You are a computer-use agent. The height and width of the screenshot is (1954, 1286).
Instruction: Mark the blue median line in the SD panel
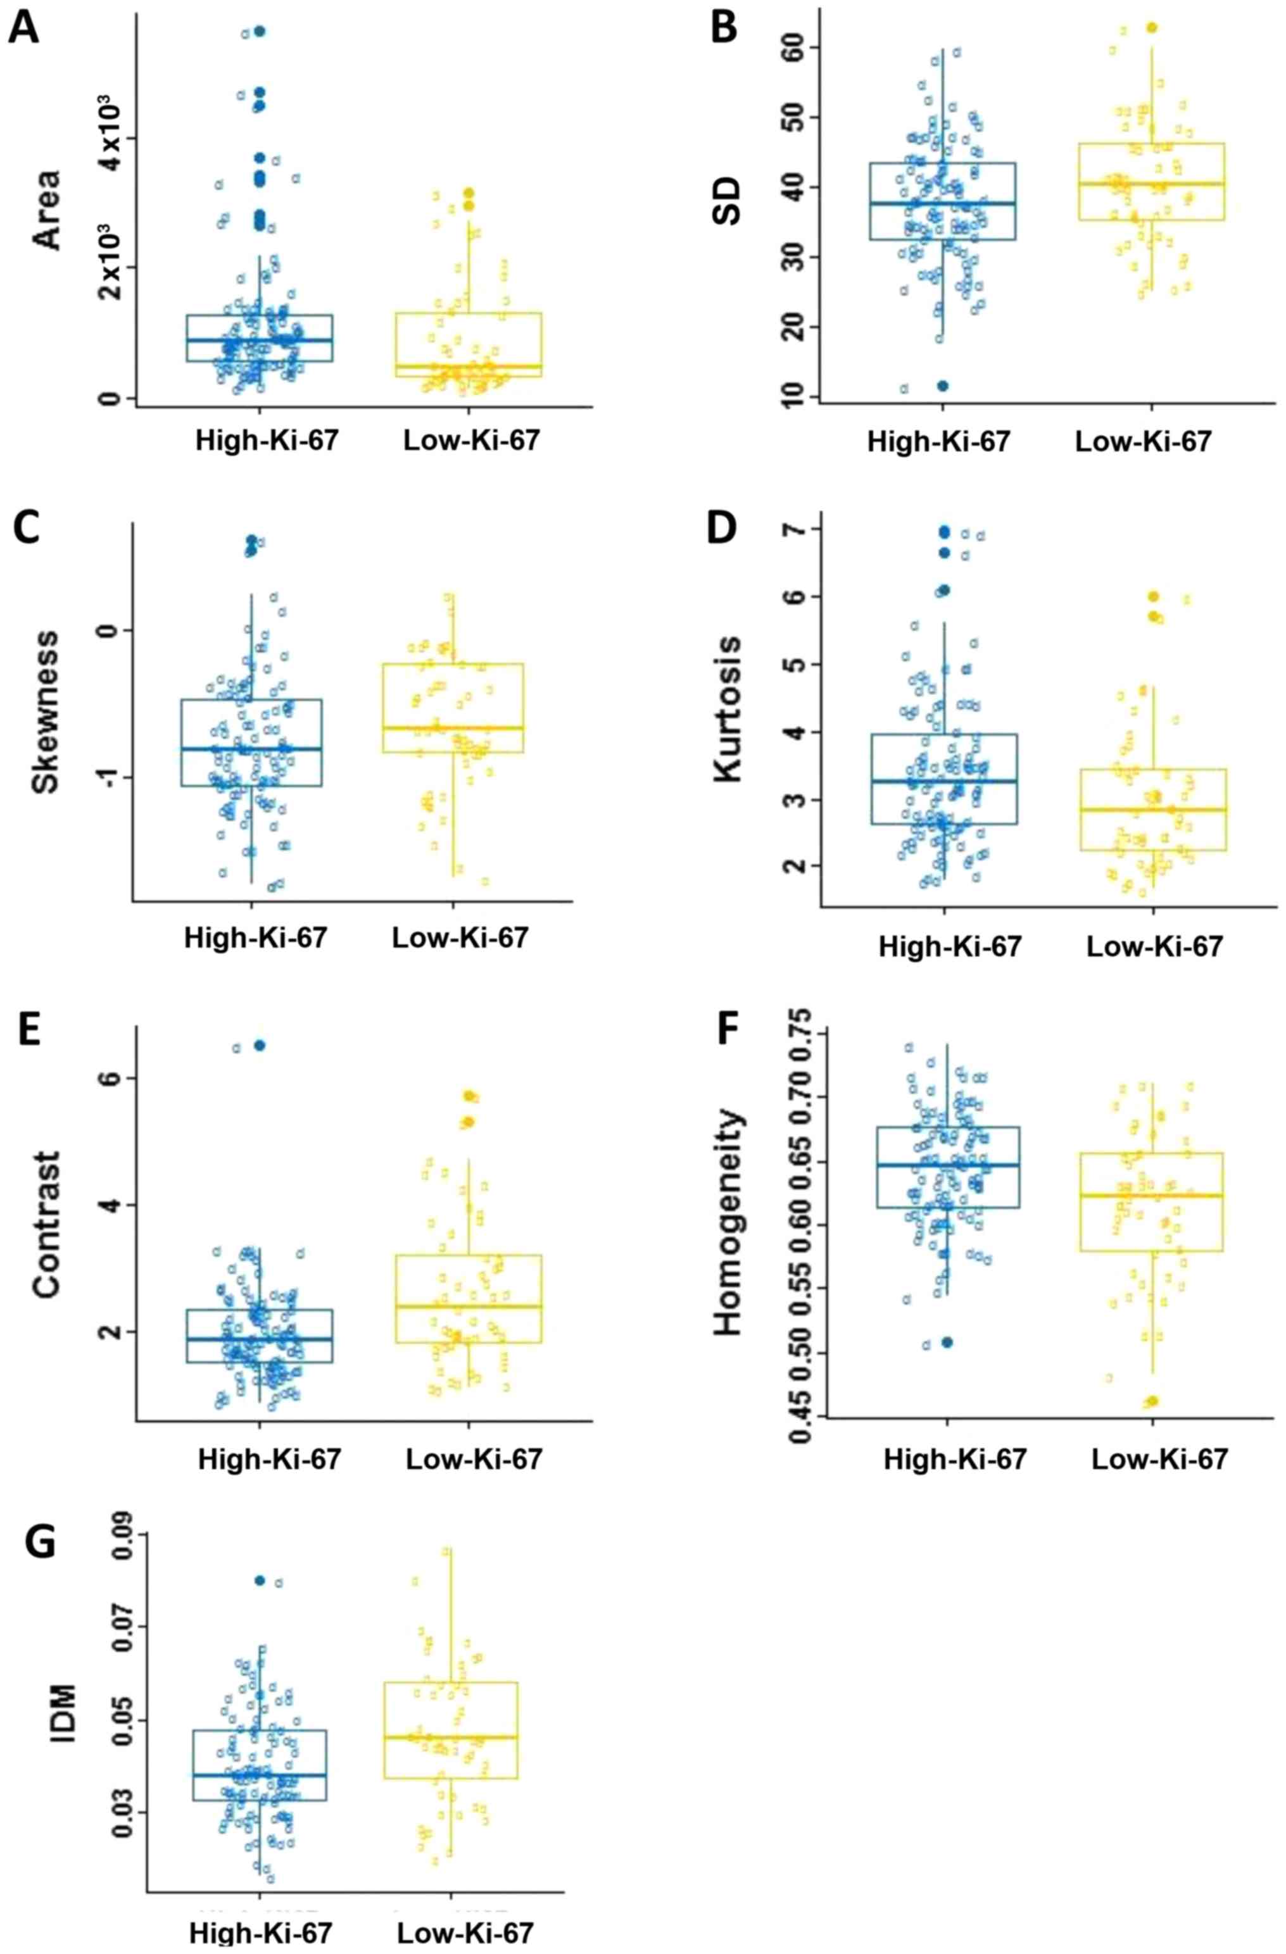pyautogui.click(x=943, y=203)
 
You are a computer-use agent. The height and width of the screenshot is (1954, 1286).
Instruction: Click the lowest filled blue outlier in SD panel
pyautogui.click(x=943, y=385)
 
